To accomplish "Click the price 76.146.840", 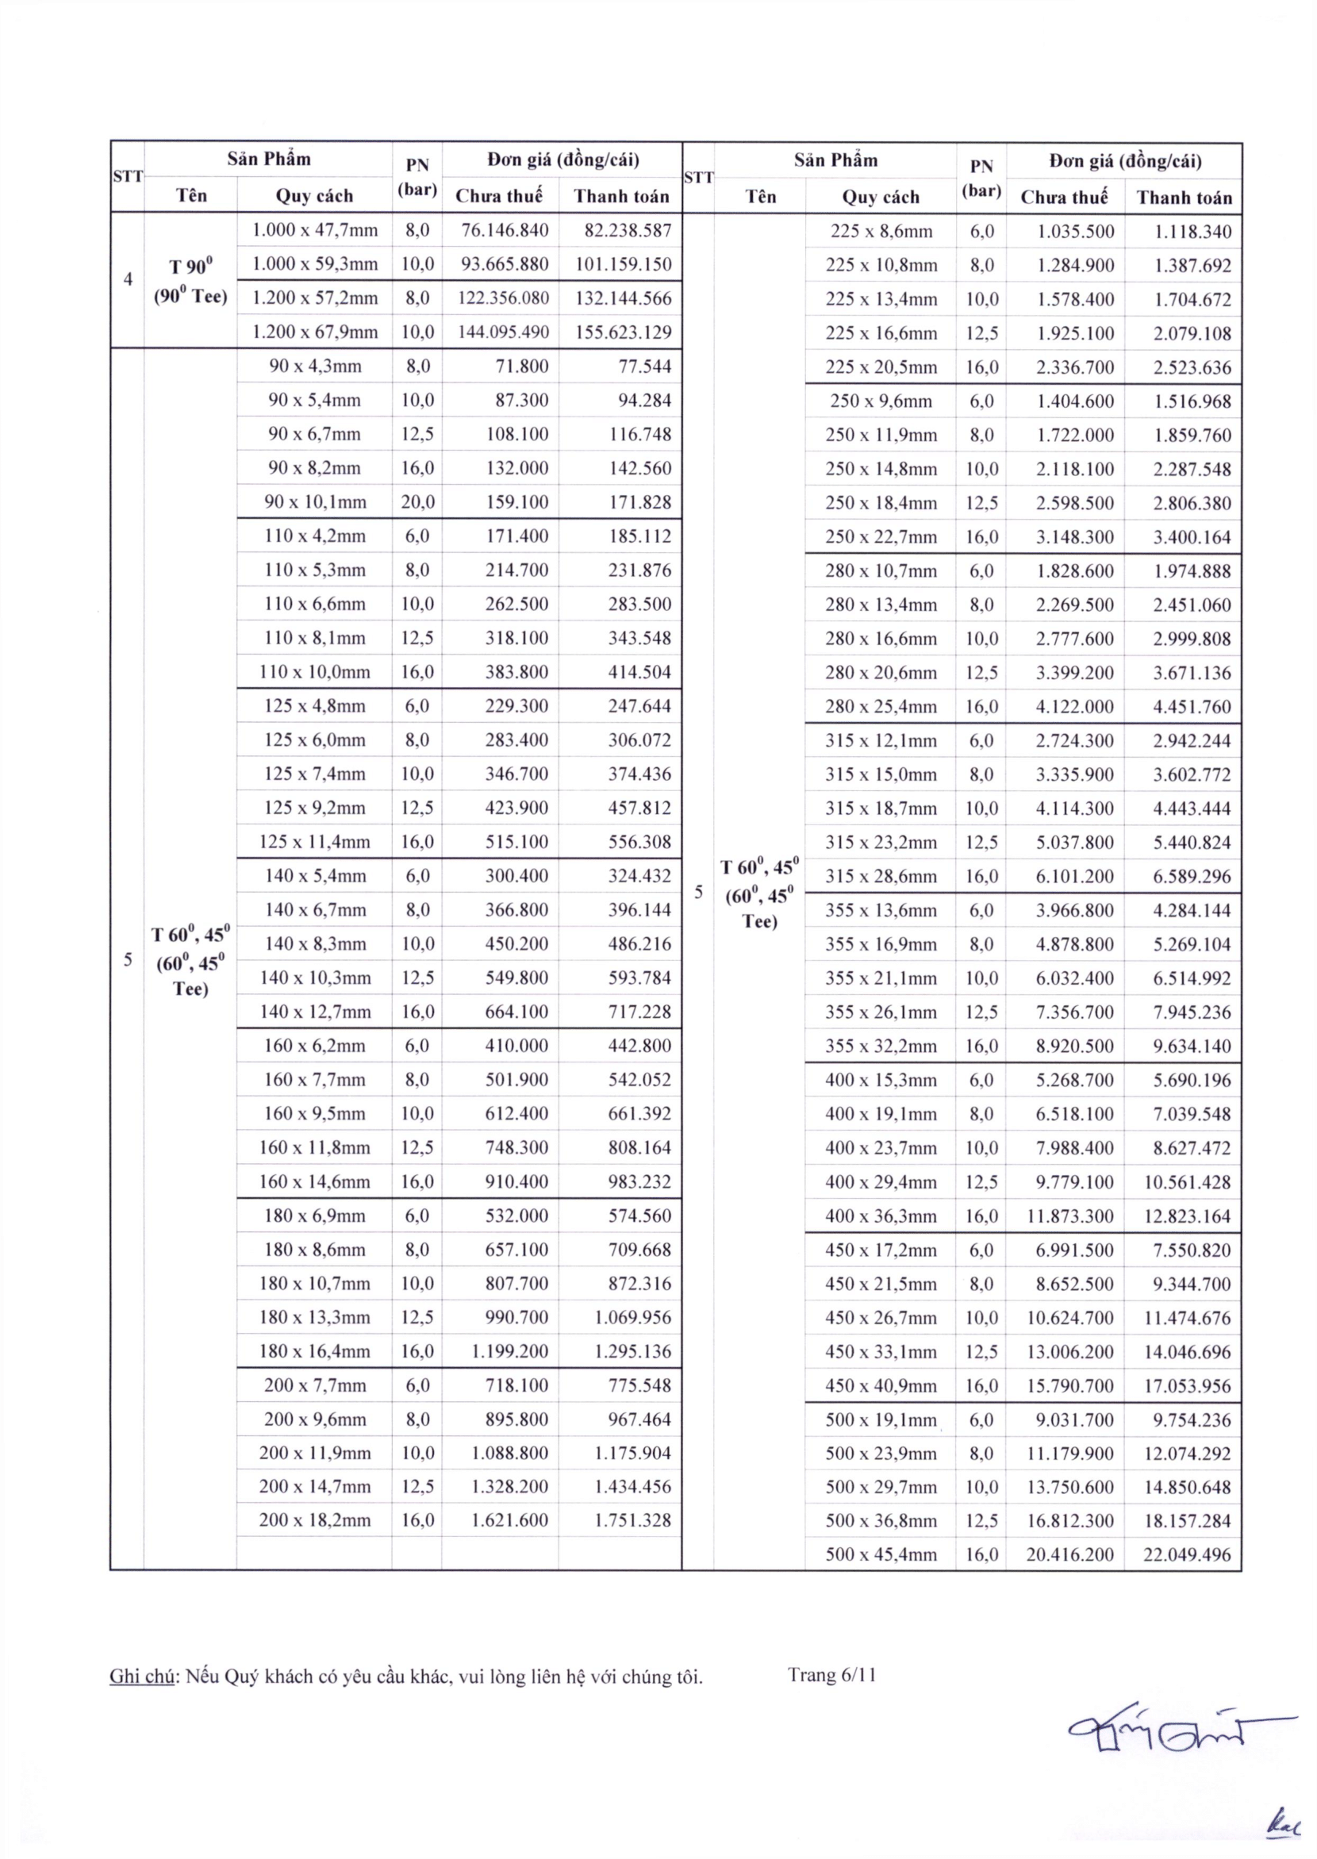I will [x=505, y=230].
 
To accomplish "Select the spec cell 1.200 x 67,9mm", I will [x=315, y=332].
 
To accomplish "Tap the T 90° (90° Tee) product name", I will [x=190, y=281].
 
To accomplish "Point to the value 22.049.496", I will [x=1187, y=1554].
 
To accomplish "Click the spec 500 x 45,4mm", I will [x=881, y=1554].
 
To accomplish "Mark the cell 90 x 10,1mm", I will [x=315, y=502].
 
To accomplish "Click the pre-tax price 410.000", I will [x=516, y=1046].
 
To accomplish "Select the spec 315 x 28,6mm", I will [x=881, y=876].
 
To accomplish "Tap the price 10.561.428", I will [x=1187, y=1181].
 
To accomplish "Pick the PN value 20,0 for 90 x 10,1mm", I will [x=417, y=502].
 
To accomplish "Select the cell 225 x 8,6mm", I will [x=881, y=231].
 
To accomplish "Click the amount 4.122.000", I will [x=1074, y=706].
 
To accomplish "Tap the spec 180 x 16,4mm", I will [x=315, y=1350].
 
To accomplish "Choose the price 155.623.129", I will [x=623, y=332].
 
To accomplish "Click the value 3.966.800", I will [x=1074, y=910].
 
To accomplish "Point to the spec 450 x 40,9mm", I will [x=881, y=1385].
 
